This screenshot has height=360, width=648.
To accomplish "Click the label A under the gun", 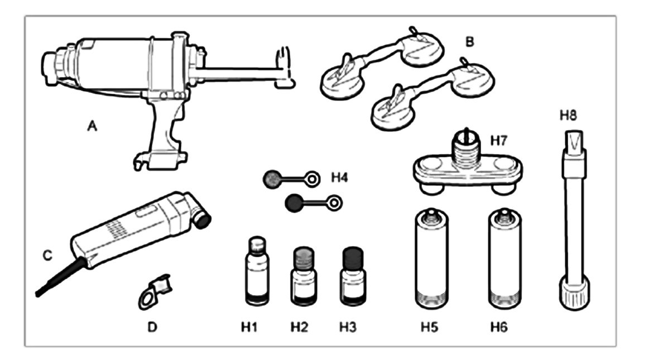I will tap(92, 127).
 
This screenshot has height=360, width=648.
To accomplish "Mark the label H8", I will tap(568, 116).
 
